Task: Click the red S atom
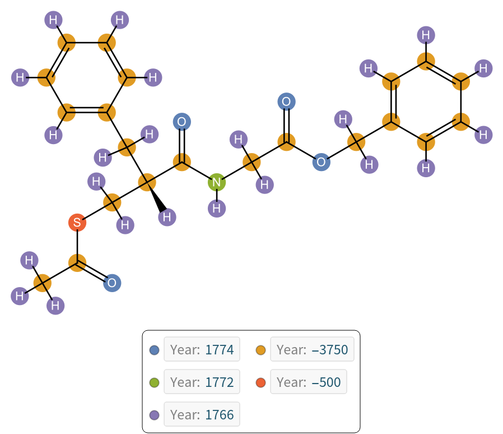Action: tap(77, 223)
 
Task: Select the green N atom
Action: tap(217, 182)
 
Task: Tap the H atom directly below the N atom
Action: tap(217, 209)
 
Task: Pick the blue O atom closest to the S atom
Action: tap(112, 283)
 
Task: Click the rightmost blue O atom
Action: tap(321, 163)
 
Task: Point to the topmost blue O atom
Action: tap(286, 101)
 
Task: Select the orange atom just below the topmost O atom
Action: tap(286, 142)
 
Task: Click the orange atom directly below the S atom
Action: tap(77, 262)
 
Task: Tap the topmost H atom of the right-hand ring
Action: tap(426, 35)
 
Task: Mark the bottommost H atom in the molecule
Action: tap(55, 306)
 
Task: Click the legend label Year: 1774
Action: tap(202, 350)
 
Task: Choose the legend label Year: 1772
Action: tap(202, 382)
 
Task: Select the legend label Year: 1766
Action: tap(202, 415)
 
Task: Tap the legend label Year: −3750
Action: tap(312, 350)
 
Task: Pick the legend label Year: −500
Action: tap(308, 382)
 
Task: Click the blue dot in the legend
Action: tap(155, 350)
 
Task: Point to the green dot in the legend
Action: tap(155, 383)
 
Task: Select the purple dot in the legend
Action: tap(155, 415)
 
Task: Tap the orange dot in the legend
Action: tap(261, 350)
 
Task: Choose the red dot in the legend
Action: tap(261, 383)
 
